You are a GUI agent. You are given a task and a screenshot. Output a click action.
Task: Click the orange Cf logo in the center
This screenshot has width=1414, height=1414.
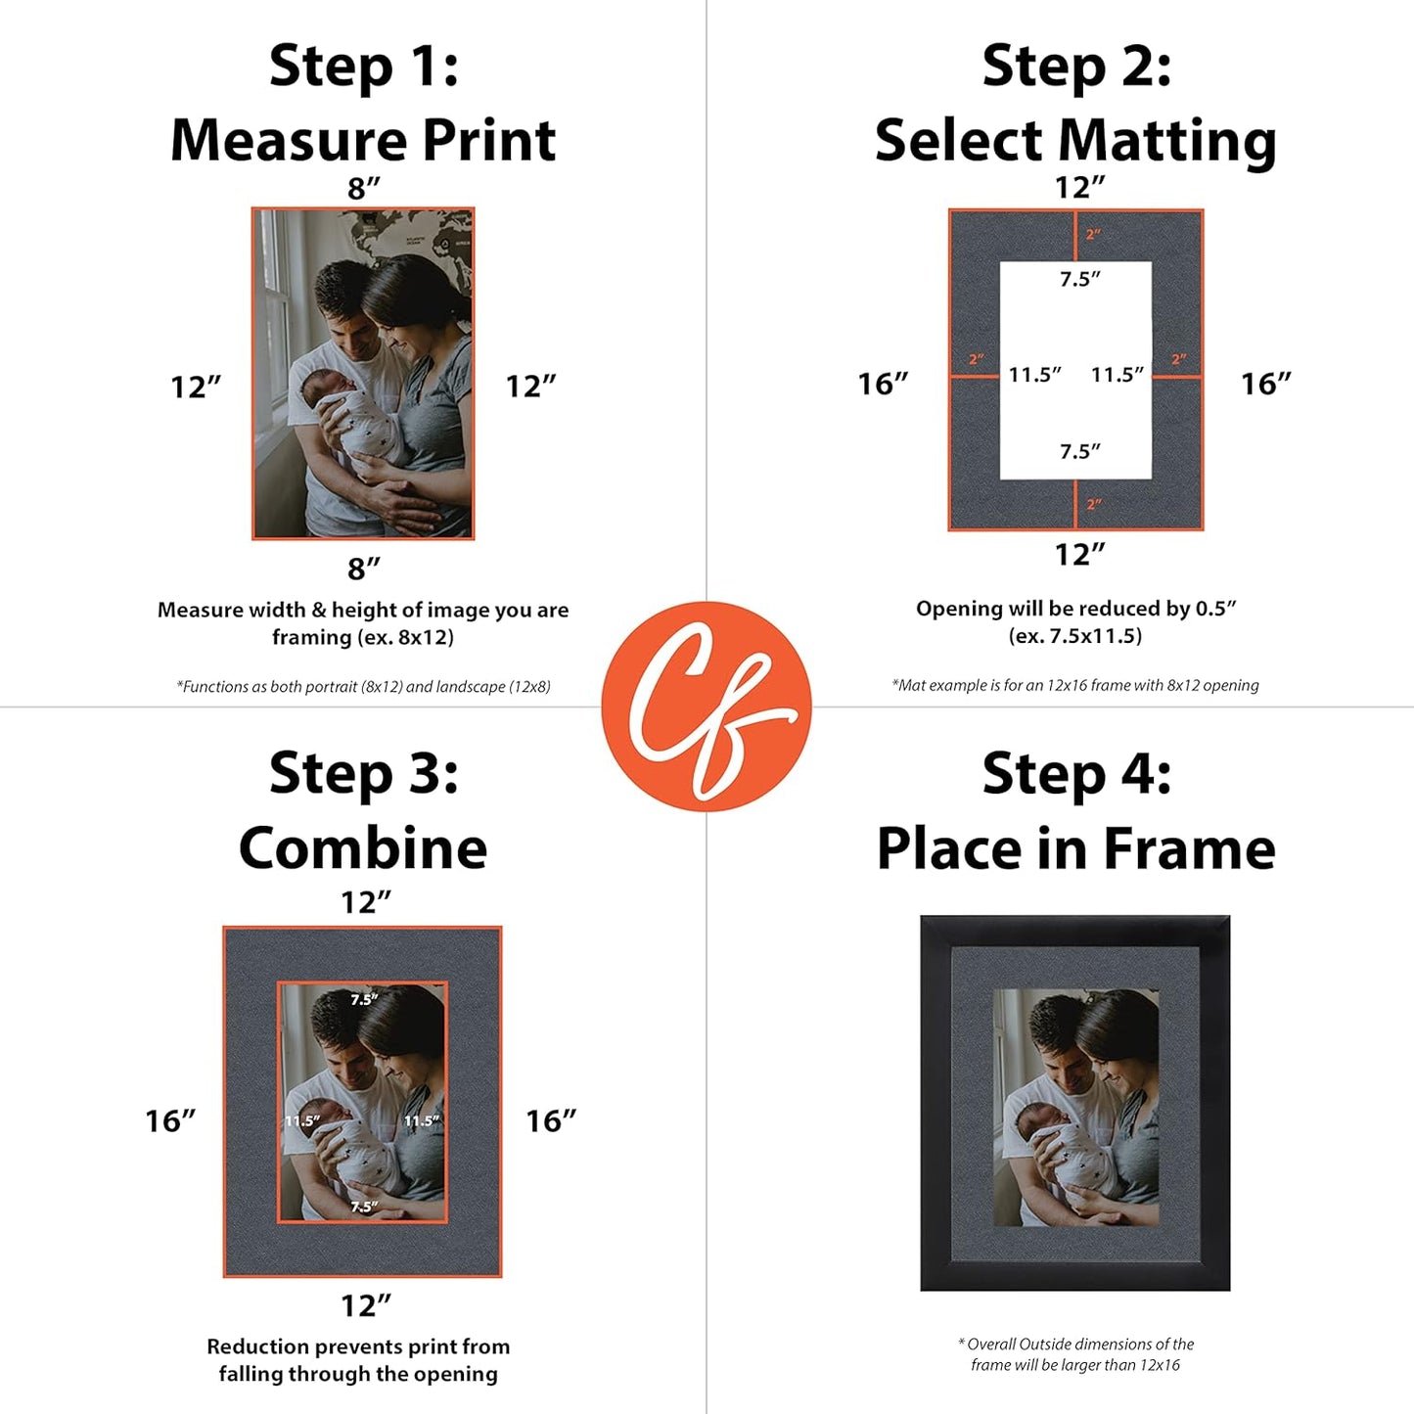click(706, 706)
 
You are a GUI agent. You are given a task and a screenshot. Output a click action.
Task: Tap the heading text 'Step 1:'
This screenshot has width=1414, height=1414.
click(363, 67)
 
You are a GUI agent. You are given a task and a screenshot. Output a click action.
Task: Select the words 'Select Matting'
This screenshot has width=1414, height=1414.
click(1075, 140)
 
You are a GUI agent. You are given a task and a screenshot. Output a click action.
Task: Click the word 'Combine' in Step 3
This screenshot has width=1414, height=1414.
click(363, 847)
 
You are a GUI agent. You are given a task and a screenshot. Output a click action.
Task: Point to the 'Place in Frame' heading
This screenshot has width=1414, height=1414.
click(1075, 847)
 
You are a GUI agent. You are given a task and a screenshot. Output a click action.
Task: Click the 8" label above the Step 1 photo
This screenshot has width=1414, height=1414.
click(363, 188)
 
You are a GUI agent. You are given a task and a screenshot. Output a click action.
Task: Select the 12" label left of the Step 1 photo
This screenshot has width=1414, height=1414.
click(196, 387)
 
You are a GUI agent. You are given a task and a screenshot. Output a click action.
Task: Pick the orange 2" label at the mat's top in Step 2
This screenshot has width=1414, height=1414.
click(1093, 235)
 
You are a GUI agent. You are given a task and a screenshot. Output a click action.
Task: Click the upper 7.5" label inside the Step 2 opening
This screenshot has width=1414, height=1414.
click(1079, 280)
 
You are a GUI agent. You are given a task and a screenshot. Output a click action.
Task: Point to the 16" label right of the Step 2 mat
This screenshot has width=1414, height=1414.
click(1265, 384)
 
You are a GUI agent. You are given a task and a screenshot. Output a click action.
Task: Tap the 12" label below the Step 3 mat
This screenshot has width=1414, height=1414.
click(365, 1305)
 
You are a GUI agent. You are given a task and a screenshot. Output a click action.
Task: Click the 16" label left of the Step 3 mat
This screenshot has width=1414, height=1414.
click(170, 1120)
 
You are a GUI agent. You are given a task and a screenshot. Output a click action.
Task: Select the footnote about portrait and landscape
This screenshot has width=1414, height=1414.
click(363, 687)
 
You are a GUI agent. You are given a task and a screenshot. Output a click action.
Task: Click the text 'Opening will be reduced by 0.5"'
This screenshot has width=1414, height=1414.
click(1075, 609)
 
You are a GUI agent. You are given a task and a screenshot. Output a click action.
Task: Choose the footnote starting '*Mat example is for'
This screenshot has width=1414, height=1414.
click(1074, 685)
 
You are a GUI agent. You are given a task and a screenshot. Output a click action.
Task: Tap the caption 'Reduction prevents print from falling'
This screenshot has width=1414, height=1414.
click(358, 1360)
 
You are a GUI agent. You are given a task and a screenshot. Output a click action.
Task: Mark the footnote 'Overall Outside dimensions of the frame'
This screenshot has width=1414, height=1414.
click(1075, 1354)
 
